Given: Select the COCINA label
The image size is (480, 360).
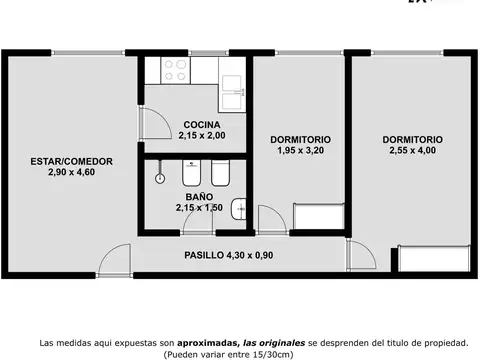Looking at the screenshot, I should point(201,124).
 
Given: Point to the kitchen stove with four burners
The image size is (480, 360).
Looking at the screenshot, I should point(177,70).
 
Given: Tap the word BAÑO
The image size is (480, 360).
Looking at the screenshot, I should point(197,197).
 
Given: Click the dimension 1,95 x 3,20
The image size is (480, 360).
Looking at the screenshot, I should point(301,150).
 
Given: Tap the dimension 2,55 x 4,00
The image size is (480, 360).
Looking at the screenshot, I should point(412,151).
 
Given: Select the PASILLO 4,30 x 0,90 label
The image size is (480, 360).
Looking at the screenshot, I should point(229,255).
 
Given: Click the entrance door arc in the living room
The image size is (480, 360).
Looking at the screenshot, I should point(112,259).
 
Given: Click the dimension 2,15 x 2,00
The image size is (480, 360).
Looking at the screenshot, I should point(201,135).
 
